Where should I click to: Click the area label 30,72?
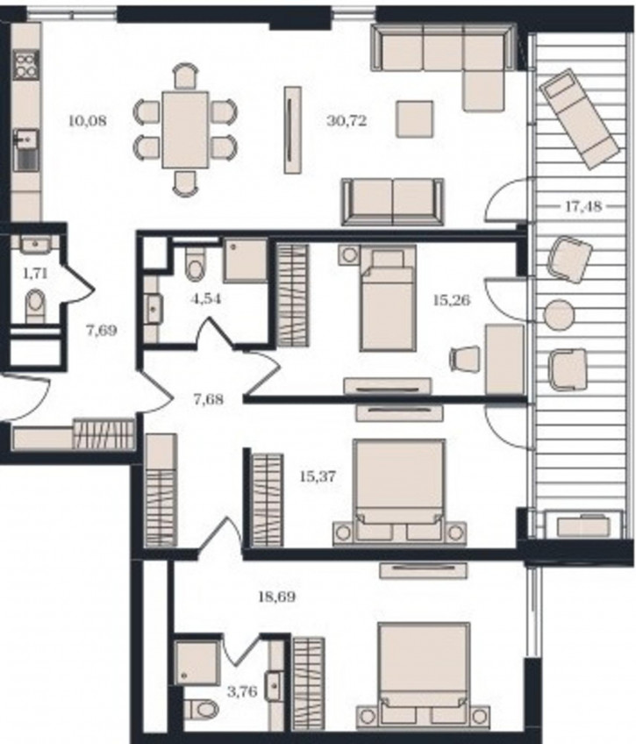[347, 121]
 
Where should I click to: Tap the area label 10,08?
[88, 121]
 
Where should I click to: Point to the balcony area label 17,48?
[582, 206]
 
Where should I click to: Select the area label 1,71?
[35, 273]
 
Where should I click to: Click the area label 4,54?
[206, 299]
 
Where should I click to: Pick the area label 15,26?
[452, 300]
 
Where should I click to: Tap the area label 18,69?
[276, 597]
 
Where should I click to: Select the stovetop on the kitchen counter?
[25, 65]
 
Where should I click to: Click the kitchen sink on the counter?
[26, 149]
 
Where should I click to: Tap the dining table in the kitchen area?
[185, 130]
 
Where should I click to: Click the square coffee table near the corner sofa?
[415, 118]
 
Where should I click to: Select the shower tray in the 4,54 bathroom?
[246, 261]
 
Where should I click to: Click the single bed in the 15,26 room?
[388, 298]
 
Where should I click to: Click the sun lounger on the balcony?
[579, 118]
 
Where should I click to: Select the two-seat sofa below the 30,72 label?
[393, 202]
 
